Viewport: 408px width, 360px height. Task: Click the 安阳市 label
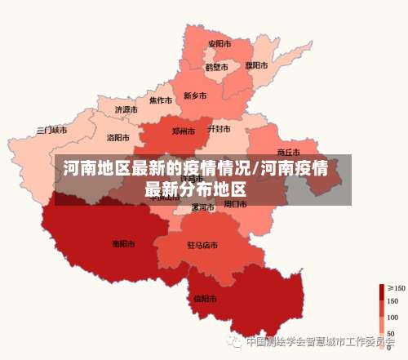(219, 44)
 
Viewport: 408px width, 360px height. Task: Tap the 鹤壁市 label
(216, 67)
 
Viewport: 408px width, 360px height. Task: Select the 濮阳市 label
(256, 65)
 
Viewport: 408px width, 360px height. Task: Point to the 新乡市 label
(195, 96)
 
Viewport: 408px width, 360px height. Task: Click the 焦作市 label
(160, 101)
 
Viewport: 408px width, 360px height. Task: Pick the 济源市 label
(126, 109)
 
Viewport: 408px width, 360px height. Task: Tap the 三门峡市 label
(52, 130)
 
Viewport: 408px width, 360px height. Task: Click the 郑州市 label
(183, 131)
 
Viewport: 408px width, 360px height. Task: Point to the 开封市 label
(219, 129)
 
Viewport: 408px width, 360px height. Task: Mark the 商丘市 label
(288, 152)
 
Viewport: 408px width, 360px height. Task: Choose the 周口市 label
(235, 204)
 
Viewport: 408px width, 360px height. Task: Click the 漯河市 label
(202, 207)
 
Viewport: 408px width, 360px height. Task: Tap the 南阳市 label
(123, 243)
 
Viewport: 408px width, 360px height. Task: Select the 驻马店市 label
(202, 245)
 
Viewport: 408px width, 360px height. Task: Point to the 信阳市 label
(205, 298)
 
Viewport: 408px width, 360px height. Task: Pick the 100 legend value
(392, 317)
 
